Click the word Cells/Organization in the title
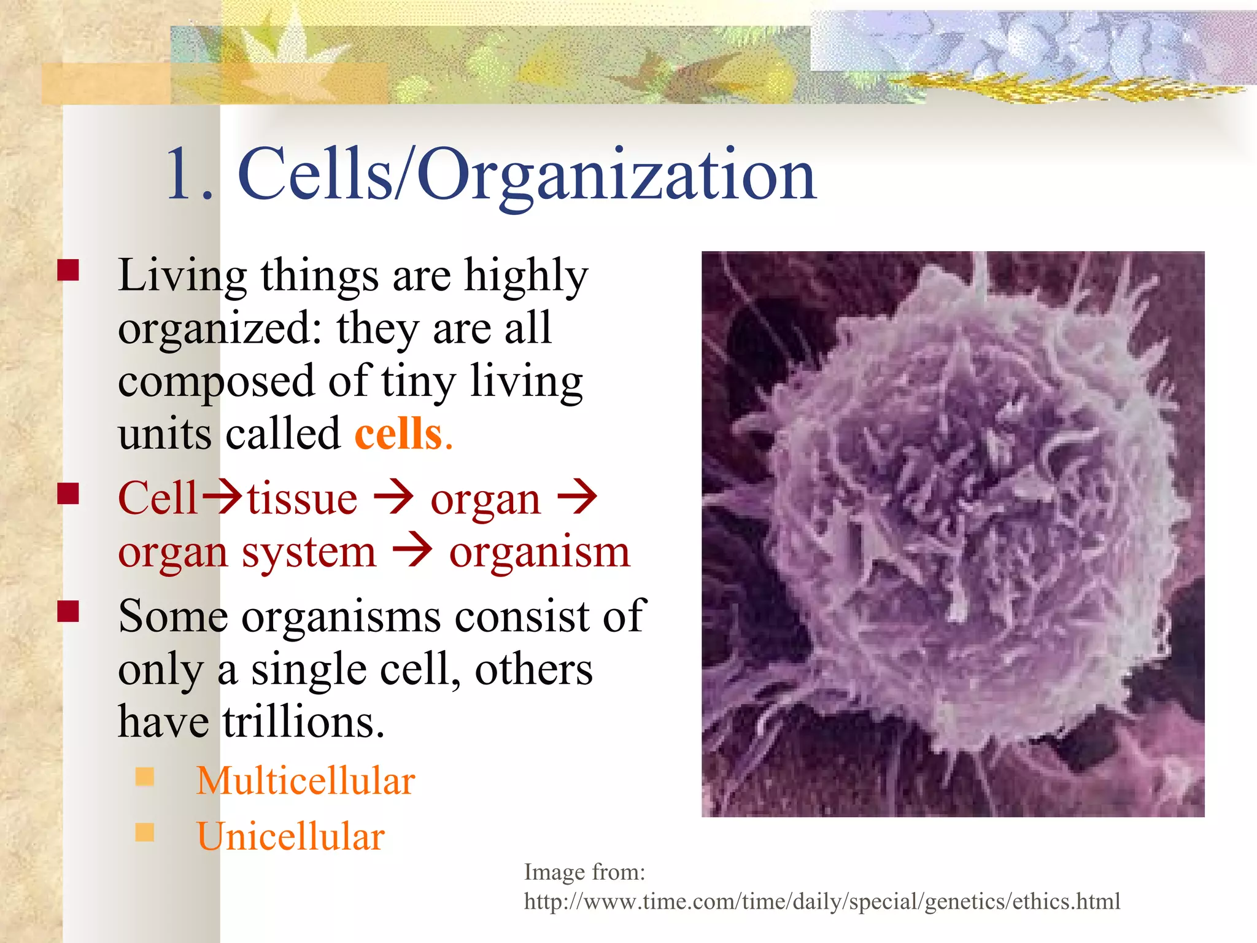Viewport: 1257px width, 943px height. coord(527,175)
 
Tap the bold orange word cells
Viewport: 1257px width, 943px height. coord(399,434)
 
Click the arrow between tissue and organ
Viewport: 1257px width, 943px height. coord(393,498)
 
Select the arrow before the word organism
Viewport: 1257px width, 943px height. coord(412,551)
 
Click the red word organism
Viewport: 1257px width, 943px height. coord(540,552)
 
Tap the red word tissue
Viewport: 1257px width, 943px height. coord(302,499)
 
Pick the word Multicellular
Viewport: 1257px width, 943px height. coord(306,781)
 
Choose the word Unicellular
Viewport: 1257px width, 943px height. coord(290,836)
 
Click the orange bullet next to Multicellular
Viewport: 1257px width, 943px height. coord(145,777)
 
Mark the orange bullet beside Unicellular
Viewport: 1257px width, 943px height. coord(145,832)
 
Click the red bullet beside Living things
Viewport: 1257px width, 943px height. coord(68,270)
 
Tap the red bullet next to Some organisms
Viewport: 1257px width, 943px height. coord(68,611)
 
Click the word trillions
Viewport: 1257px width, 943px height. coord(303,722)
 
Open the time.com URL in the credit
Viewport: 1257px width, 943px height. coord(822,901)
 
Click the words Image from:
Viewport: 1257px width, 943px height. coord(584,872)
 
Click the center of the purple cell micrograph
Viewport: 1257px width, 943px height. coord(953,534)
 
